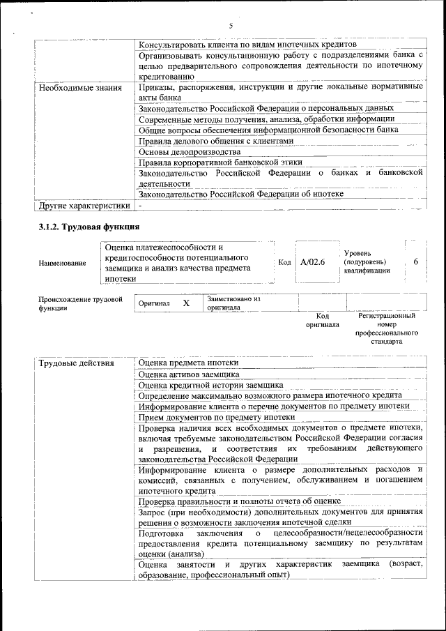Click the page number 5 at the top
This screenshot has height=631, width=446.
pyautogui.click(x=230, y=26)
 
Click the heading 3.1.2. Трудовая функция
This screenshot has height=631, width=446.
pyautogui.click(x=89, y=227)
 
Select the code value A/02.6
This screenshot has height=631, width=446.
pyautogui.click(x=312, y=262)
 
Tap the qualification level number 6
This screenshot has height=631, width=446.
pyautogui.click(x=415, y=261)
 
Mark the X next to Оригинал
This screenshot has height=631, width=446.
pyautogui.click(x=186, y=303)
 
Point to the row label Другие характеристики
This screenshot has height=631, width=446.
pyautogui.click(x=84, y=206)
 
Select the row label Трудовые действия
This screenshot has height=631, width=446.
pyautogui.click(x=77, y=363)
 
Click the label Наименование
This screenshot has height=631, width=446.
pyautogui.click(x=63, y=263)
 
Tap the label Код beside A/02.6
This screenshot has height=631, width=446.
pyautogui.click(x=284, y=262)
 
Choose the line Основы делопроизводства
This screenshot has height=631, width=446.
pyautogui.click(x=190, y=151)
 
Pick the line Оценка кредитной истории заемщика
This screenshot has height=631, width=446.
pyautogui.click(x=210, y=385)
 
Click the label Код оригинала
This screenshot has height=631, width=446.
pyautogui.click(x=322, y=320)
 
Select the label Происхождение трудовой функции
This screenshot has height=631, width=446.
pyautogui.click(x=76, y=303)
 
